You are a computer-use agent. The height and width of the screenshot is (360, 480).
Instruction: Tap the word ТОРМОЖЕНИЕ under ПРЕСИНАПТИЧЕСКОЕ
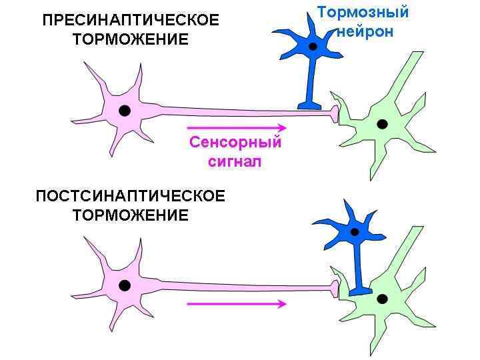[130, 40]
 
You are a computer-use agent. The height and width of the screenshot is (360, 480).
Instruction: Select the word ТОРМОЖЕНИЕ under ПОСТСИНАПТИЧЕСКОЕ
[130, 215]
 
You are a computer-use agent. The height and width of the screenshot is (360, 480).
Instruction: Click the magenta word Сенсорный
[235, 142]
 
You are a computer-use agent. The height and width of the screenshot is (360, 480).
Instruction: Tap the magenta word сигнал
[235, 161]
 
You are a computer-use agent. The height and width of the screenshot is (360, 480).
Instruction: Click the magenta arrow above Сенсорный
[237, 127]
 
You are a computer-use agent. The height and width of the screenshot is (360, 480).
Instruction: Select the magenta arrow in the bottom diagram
[237, 303]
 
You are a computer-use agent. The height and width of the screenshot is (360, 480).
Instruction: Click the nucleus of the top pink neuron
[124, 111]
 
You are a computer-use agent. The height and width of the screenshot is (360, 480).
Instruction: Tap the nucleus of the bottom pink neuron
[124, 285]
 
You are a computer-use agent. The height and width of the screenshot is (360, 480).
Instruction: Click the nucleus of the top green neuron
[381, 123]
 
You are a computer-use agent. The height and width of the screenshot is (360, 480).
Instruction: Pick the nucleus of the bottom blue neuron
[355, 232]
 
